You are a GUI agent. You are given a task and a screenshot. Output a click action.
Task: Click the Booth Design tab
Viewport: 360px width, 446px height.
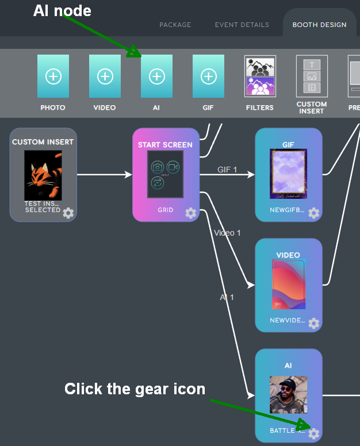point(319,25)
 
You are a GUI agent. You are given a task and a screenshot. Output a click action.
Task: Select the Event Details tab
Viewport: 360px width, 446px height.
point(242,25)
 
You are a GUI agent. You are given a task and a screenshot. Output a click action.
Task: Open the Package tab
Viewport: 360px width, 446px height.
point(175,25)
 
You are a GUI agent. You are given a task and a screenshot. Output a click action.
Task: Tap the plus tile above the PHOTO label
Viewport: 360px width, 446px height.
point(53,76)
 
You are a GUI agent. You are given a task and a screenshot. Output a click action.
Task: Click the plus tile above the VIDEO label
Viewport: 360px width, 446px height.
point(105,76)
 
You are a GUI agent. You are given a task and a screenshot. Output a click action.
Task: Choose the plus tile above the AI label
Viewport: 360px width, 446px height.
point(156,76)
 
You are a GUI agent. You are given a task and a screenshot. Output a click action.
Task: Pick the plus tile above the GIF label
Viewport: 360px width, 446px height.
point(208,76)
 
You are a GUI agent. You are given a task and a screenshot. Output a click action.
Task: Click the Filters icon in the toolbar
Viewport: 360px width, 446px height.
point(260,76)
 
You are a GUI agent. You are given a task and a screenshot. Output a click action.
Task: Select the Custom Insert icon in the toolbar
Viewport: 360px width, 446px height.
point(312,76)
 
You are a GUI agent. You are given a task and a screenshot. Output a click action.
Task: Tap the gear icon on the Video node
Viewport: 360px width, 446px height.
point(313,323)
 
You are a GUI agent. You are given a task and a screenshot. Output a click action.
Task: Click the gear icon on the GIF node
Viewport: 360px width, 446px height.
point(313,213)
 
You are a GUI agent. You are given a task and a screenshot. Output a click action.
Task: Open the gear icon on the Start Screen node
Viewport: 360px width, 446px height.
point(190,213)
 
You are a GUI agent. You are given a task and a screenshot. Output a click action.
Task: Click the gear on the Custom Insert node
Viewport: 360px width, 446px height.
point(68,213)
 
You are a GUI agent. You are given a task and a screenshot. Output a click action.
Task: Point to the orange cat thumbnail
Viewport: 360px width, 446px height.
point(43,175)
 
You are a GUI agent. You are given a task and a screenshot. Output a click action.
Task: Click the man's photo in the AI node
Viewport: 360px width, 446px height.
point(288,395)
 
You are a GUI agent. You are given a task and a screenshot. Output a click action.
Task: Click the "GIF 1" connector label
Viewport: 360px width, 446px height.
point(227,170)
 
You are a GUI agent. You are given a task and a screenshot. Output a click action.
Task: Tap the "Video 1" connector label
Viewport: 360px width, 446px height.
point(227,233)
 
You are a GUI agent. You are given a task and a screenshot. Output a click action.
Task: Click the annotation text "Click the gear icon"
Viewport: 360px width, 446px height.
point(135,389)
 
